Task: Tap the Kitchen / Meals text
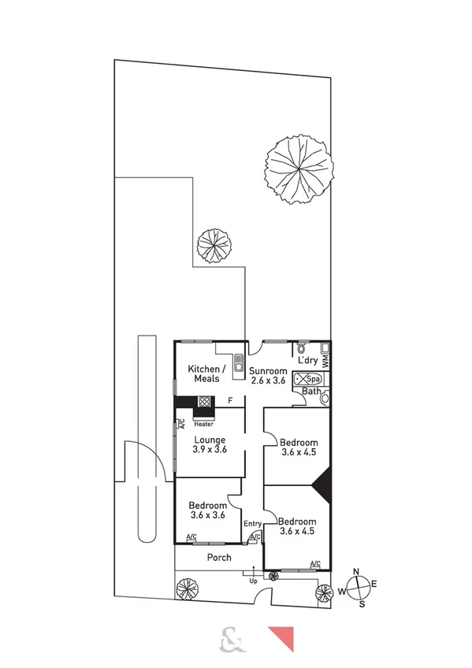[x=207, y=373]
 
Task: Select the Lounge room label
[x=210, y=440]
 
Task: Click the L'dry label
[x=307, y=360]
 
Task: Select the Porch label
[x=219, y=558]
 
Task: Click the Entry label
[x=252, y=523]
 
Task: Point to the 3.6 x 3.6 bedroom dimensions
[x=208, y=515]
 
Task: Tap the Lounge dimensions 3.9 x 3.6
[x=210, y=450]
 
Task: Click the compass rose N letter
[x=356, y=572]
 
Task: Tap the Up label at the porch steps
[x=253, y=581]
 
